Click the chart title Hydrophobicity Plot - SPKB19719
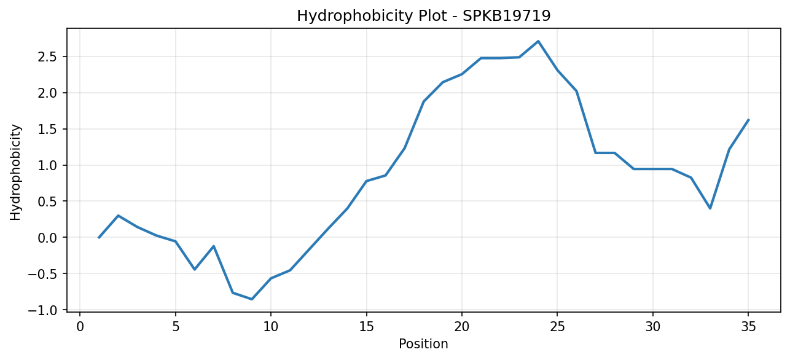(424, 16)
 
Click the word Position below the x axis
(423, 344)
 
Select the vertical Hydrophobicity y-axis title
(15, 173)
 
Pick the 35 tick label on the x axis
(748, 327)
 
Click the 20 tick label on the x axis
(462, 327)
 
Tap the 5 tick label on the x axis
(175, 327)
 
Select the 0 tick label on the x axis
(80, 327)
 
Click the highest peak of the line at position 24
(538, 41)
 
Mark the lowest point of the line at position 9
(252, 299)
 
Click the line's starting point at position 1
(99, 238)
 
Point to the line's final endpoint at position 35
(748, 120)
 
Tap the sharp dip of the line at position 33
(710, 208)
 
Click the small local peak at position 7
(214, 246)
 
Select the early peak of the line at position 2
(118, 216)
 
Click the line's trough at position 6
(194, 269)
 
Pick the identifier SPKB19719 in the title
(507, 16)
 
